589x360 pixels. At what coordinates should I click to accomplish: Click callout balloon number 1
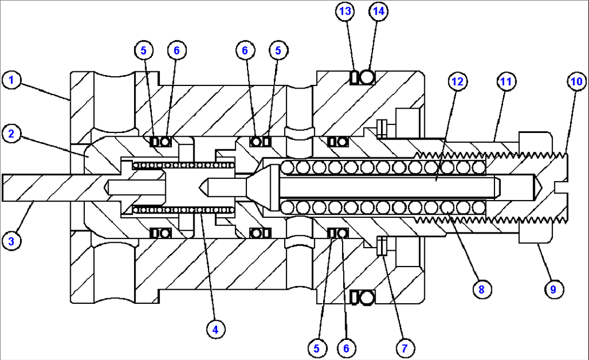[11, 81]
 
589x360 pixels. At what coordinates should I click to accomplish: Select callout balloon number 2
[11, 132]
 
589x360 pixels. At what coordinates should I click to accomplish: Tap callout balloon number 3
[11, 241]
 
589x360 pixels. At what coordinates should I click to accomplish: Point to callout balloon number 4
[215, 328]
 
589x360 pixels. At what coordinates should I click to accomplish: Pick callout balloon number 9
[553, 289]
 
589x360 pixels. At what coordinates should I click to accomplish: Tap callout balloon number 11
[506, 82]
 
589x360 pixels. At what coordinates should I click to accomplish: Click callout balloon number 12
[457, 82]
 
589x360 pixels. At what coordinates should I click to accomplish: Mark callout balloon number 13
[345, 10]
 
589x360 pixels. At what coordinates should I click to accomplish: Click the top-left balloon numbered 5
[143, 50]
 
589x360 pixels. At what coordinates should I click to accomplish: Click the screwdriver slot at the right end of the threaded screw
[560, 187]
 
